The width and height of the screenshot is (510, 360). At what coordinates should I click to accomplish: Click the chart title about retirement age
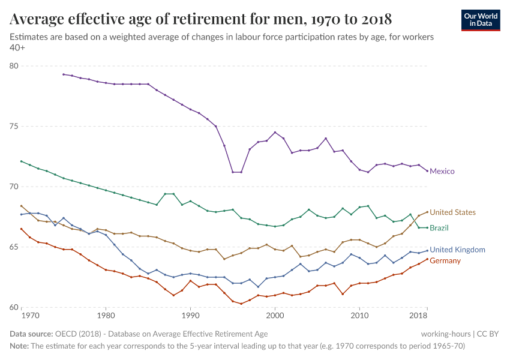(x=202, y=19)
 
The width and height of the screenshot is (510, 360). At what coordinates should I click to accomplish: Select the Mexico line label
(x=442, y=172)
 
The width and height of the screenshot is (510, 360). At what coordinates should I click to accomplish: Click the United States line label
(x=452, y=212)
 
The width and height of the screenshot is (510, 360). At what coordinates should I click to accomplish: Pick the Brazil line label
(x=439, y=228)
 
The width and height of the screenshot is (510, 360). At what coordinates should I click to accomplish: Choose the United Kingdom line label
(x=457, y=250)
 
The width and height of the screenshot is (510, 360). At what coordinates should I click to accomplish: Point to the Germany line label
(x=445, y=261)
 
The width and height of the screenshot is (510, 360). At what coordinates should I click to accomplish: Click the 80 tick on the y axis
(x=14, y=66)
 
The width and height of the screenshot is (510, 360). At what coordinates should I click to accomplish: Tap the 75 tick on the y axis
(x=14, y=127)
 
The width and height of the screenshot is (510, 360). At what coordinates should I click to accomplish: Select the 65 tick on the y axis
(x=14, y=247)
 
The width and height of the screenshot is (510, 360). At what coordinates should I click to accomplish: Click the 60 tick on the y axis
(x=14, y=307)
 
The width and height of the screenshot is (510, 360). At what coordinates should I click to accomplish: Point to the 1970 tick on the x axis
(x=30, y=315)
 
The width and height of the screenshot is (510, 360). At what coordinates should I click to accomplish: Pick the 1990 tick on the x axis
(x=190, y=315)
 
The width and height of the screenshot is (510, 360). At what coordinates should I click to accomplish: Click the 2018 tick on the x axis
(x=418, y=315)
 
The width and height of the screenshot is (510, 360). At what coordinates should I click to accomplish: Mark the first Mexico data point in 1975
(x=63, y=74)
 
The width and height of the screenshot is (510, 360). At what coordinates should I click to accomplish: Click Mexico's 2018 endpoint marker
(x=427, y=171)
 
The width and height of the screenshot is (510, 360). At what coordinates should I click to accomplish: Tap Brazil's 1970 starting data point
(x=22, y=161)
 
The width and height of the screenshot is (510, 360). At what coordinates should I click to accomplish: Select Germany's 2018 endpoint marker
(x=427, y=259)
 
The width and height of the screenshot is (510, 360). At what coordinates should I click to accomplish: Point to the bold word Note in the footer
(x=19, y=346)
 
